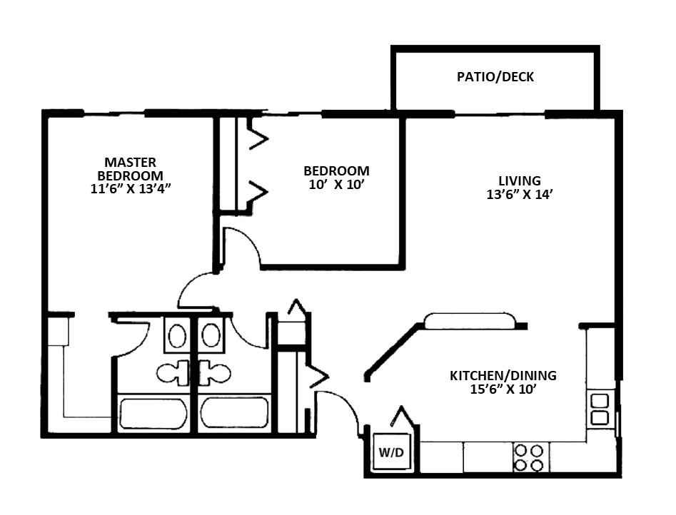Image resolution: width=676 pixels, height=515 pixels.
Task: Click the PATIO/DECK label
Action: click(x=495, y=77)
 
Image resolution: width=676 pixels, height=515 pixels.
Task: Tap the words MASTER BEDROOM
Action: click(x=130, y=169)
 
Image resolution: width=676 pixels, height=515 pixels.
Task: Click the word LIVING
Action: click(x=520, y=180)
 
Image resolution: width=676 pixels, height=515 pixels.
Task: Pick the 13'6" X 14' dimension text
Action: click(x=520, y=194)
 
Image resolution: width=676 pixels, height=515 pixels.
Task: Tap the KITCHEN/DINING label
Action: click(x=503, y=375)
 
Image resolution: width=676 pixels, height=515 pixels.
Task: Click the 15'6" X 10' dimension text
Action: click(x=503, y=389)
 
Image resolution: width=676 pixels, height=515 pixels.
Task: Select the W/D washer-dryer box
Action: click(x=391, y=452)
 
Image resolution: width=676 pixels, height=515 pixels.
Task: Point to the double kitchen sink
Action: click(x=600, y=409)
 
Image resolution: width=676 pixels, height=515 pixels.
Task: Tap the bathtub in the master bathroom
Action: click(x=153, y=413)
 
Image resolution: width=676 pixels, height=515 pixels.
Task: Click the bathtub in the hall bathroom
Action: click(x=235, y=413)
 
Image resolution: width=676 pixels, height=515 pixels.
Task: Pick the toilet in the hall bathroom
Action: click(x=215, y=372)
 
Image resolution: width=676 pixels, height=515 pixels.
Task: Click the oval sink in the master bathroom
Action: click(x=177, y=336)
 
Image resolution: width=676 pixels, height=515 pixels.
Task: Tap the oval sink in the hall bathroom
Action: click(x=211, y=335)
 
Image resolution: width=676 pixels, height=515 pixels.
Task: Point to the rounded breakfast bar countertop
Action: click(x=470, y=321)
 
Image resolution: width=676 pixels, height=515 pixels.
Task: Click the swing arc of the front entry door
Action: click(x=347, y=403)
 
